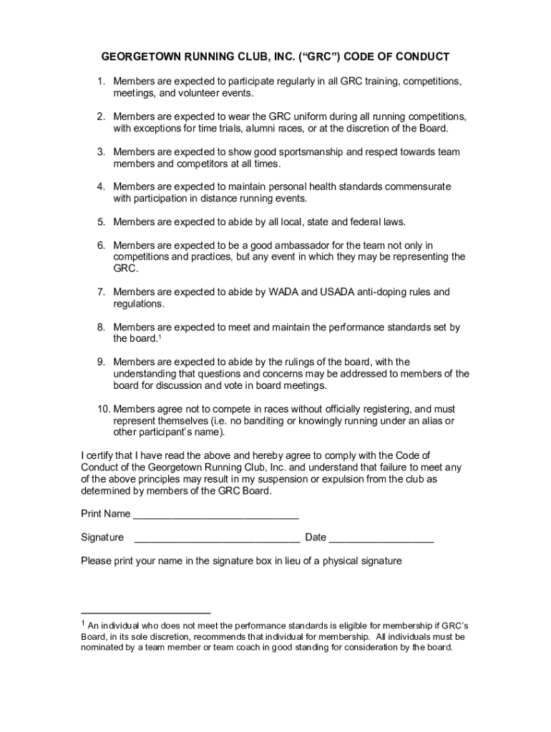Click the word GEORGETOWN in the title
pos(140,56)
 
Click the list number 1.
pos(102,81)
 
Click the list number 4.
pos(102,187)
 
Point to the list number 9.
pos(102,362)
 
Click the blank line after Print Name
pos(216,516)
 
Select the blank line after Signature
pos(217,540)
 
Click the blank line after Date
pos(381,540)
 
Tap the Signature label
pos(102,538)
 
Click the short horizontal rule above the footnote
pos(146,613)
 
